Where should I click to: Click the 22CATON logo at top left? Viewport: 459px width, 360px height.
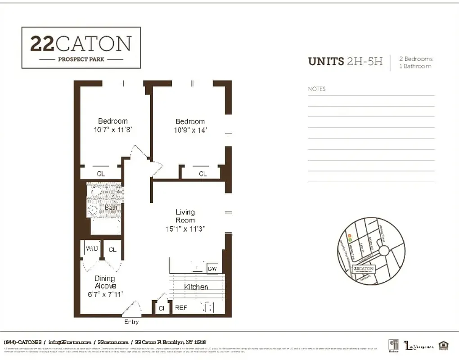click(81, 48)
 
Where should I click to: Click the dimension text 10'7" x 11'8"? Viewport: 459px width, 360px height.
click(113, 130)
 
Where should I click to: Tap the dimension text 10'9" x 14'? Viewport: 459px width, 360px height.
click(190, 130)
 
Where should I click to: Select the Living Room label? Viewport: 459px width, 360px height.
click(185, 216)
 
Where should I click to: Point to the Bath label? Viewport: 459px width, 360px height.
click(111, 207)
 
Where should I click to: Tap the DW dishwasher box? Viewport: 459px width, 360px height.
click(212, 269)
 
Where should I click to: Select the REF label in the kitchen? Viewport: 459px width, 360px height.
click(181, 308)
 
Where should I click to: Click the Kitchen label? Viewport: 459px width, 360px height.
click(196, 287)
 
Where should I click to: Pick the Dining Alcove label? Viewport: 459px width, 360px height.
click(105, 282)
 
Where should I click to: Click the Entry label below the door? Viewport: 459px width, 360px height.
click(131, 322)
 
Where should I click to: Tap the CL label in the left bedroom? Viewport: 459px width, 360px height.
click(101, 174)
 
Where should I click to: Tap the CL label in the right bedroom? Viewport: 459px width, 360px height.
click(203, 174)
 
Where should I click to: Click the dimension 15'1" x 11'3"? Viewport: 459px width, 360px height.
click(185, 229)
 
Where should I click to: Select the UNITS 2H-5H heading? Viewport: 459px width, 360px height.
click(345, 62)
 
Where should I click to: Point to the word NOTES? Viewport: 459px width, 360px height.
click(316, 89)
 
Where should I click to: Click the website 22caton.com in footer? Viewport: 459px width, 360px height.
click(113, 342)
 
